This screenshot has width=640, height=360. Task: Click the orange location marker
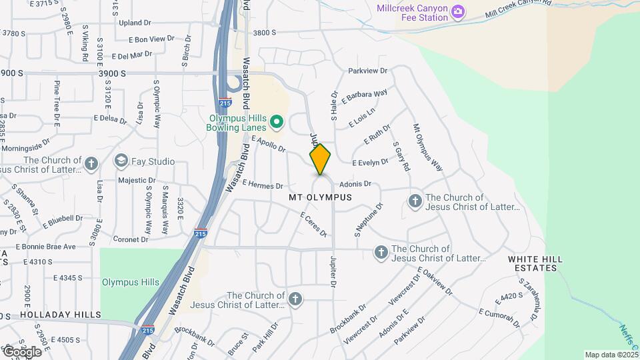(321, 159)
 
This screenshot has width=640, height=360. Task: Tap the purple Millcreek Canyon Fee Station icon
(457, 11)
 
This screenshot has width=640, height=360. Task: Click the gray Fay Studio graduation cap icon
(121, 161)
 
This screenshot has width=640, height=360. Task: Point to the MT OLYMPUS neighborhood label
(320, 198)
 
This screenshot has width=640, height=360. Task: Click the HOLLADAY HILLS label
(60, 315)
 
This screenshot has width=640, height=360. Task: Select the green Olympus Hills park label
(131, 282)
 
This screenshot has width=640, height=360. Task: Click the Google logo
(22, 351)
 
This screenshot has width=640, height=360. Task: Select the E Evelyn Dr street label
(370, 162)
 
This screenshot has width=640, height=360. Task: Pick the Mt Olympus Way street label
(427, 147)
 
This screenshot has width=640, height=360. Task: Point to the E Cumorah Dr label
(499, 318)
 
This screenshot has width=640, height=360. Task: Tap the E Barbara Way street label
(364, 97)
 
